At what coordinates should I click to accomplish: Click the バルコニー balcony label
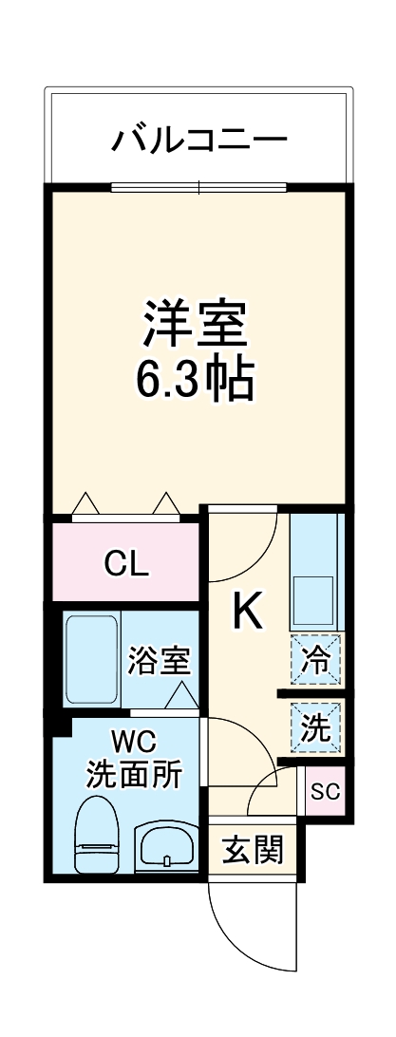click(198, 141)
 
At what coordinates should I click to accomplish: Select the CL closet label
click(125, 564)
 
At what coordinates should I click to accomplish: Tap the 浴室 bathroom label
click(159, 661)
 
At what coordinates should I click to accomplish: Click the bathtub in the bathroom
click(92, 658)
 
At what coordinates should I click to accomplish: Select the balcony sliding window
click(198, 186)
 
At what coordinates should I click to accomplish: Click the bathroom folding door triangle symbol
click(180, 696)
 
